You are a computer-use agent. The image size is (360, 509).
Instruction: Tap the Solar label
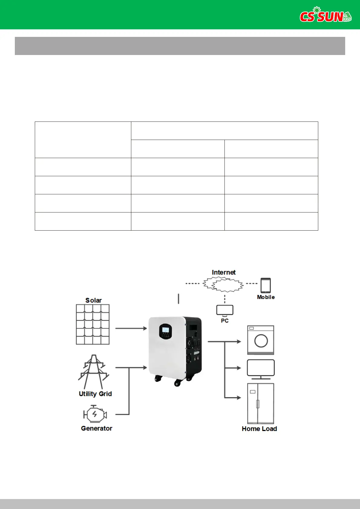[x=93, y=300]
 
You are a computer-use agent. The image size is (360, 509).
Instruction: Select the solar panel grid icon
[x=93, y=324]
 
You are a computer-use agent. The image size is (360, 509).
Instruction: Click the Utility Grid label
[x=95, y=394]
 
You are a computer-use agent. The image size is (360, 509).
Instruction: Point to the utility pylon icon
[x=93, y=371]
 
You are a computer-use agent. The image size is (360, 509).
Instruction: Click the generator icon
[x=95, y=414]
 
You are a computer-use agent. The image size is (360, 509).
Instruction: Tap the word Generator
[x=97, y=428]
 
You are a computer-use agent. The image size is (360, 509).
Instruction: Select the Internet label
[x=224, y=272]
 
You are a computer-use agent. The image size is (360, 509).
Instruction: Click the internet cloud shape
[x=223, y=284]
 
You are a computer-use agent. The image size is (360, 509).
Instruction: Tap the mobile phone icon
[x=266, y=285]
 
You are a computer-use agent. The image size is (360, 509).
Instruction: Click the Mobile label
[x=266, y=297]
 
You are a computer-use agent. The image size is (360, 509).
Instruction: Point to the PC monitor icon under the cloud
[x=225, y=310]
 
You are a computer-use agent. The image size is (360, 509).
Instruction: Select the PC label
[x=225, y=321]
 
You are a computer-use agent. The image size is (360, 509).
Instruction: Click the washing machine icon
[x=261, y=340]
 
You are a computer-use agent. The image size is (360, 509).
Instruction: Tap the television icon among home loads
[x=261, y=369]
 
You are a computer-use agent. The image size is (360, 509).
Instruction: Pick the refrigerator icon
[x=261, y=404]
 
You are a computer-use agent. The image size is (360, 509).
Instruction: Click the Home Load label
[x=259, y=429]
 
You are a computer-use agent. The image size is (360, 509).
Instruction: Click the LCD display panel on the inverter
[x=165, y=330]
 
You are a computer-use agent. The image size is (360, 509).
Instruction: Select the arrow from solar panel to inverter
[x=131, y=328]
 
